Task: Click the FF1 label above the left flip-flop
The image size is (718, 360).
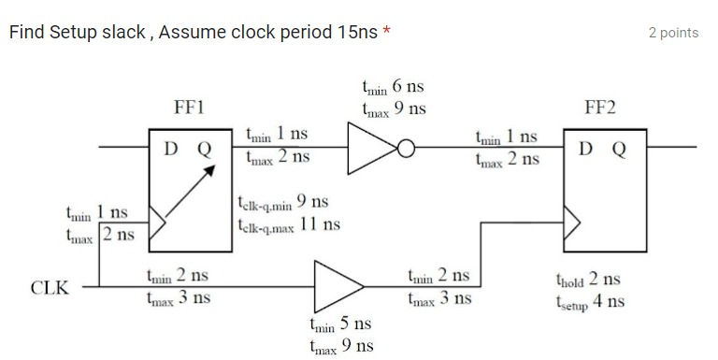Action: (x=190, y=108)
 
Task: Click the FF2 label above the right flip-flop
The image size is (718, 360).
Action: (x=599, y=108)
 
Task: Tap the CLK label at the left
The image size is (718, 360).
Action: (x=50, y=286)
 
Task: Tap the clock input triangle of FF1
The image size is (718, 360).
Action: (x=159, y=223)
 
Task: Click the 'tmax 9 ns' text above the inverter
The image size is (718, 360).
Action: (x=394, y=108)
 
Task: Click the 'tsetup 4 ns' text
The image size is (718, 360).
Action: (x=590, y=301)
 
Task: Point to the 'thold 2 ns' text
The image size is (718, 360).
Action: (x=587, y=280)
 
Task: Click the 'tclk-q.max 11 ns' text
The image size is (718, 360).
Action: (x=289, y=224)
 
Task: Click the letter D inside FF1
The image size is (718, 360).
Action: (x=173, y=149)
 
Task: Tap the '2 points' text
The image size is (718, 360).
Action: (x=673, y=33)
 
